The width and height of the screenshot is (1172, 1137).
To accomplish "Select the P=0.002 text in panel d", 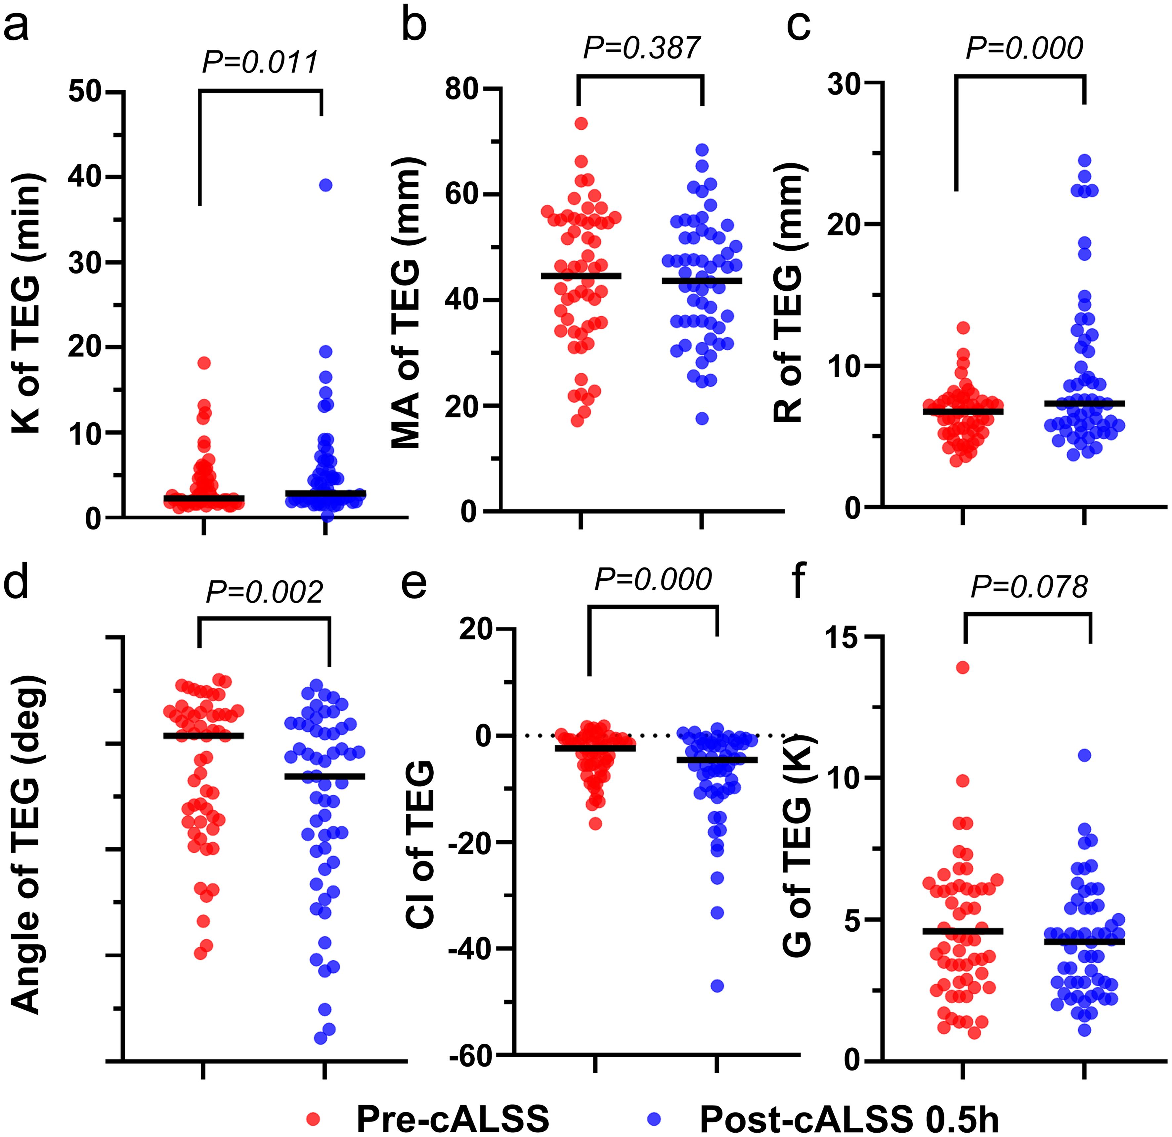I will [x=264, y=592].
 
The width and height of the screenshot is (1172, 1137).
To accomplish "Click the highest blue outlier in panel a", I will [x=325, y=185].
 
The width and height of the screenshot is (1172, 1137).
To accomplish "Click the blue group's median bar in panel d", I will [x=325, y=776].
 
